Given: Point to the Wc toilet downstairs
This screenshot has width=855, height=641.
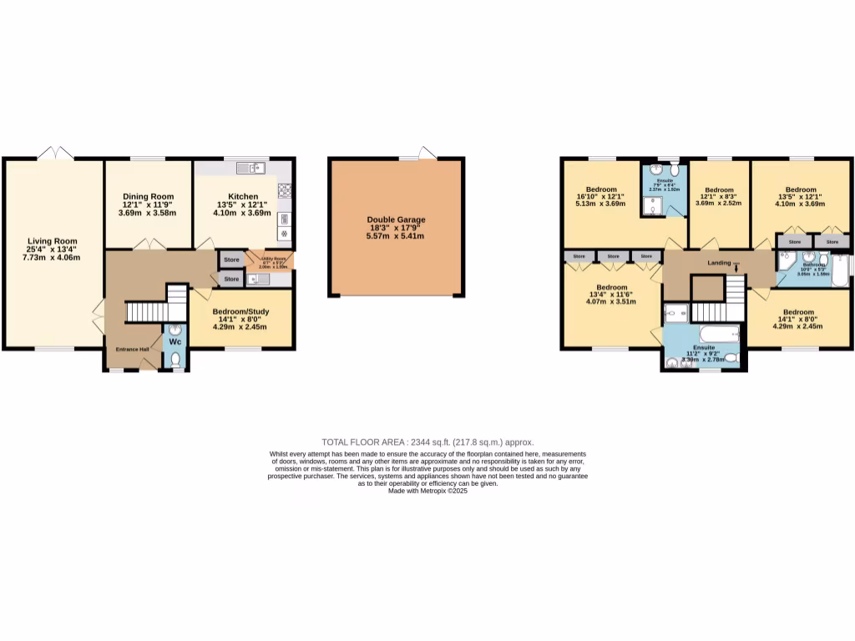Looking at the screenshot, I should coord(175,360).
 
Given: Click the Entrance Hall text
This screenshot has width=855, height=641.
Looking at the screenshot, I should coord(132,349).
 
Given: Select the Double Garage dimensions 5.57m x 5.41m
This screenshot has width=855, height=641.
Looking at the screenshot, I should coord(396,236).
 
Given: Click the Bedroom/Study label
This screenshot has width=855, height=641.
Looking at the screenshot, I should coord(240,311).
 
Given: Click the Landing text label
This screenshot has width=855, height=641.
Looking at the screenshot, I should coord(719,263).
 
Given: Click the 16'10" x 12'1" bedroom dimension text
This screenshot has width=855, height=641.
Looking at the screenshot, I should coord(601,198).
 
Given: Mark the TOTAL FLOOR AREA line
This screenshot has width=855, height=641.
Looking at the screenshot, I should coord(427,442).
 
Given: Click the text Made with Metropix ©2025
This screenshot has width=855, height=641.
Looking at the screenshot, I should coord(427,492).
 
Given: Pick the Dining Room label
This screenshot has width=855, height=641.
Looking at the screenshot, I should coord(148,197).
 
